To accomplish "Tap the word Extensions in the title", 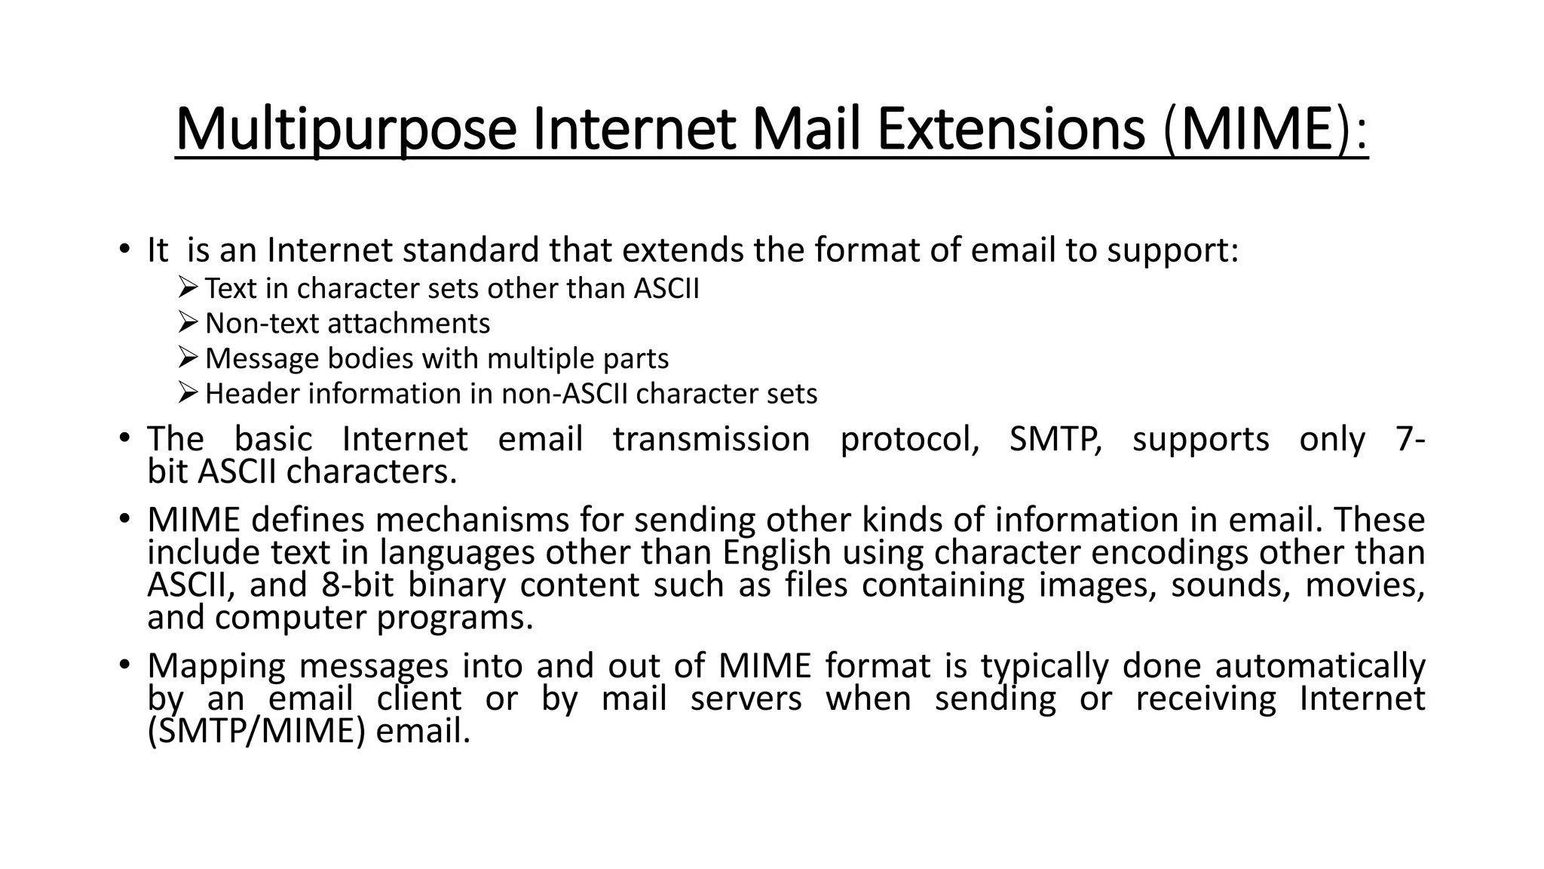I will [1012, 130].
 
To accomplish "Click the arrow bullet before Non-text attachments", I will [188, 322].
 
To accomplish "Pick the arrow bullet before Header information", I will [188, 392].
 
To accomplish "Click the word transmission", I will [711, 439].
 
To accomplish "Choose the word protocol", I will [909, 440].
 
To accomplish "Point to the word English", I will [777, 553].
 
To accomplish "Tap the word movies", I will [1365, 585].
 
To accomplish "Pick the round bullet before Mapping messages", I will [124, 664].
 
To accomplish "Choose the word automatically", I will [1320, 666].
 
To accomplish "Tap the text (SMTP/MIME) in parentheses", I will [256, 731].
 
